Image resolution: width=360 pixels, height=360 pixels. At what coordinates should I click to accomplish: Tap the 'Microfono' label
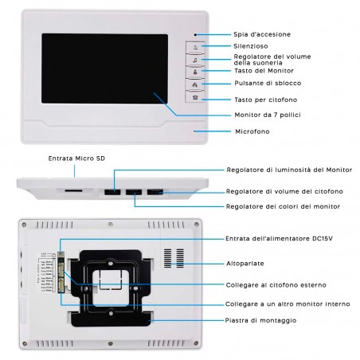coord(249,131)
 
